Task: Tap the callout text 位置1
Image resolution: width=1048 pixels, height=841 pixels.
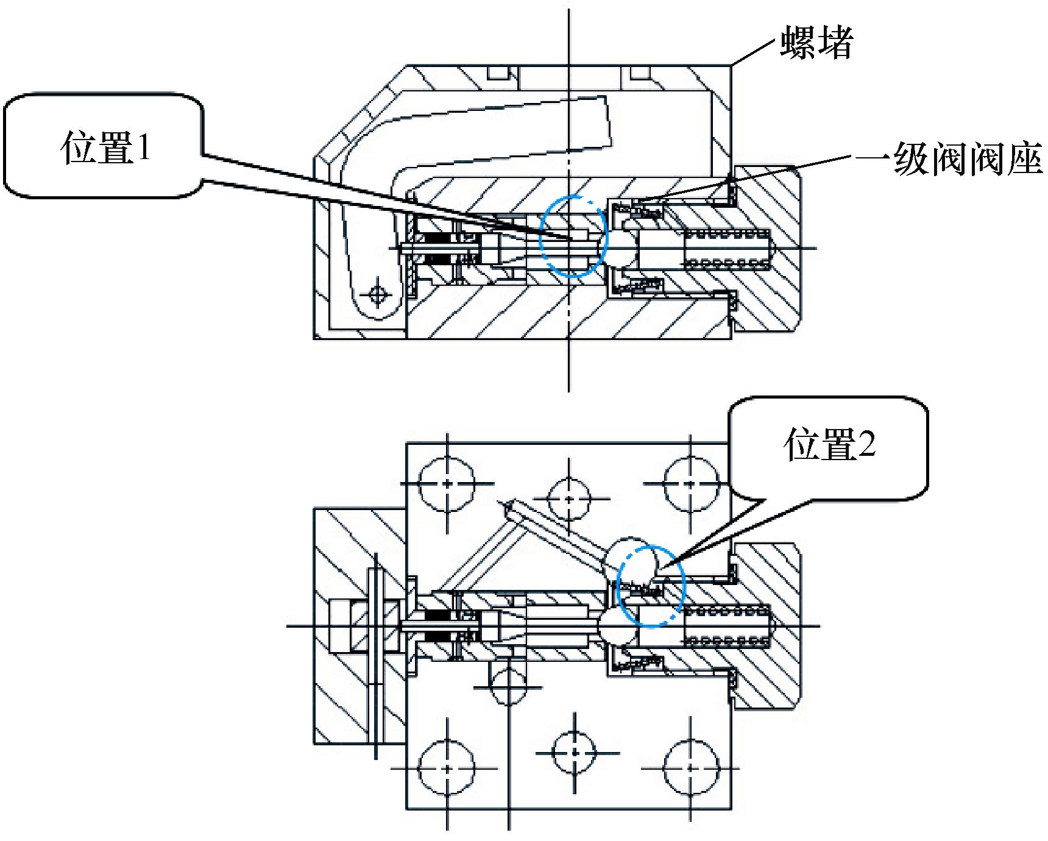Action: pyautogui.click(x=105, y=148)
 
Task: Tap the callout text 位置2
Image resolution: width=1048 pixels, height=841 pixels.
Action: pyautogui.click(x=829, y=446)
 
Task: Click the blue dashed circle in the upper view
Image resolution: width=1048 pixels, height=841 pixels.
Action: pyautogui.click(x=574, y=236)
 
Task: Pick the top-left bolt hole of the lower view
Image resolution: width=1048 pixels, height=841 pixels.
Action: pyautogui.click(x=448, y=483)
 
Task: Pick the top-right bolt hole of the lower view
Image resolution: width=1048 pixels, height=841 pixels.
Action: pyautogui.click(x=689, y=483)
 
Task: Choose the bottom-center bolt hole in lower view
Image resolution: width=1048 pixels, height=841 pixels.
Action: pyautogui.click(x=573, y=751)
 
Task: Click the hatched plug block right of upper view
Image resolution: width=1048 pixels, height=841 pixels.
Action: pyautogui.click(x=769, y=250)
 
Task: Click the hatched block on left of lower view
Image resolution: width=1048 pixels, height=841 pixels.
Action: pyautogui.click(x=341, y=628)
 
